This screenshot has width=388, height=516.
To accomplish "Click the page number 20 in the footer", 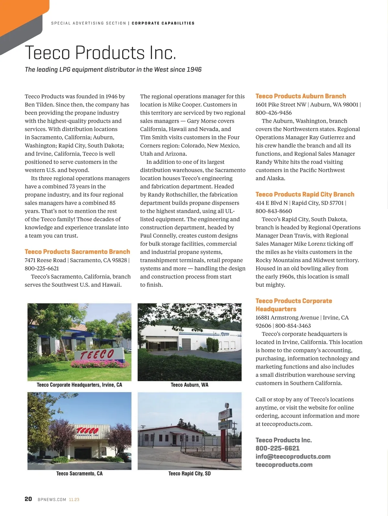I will click(x=28, y=499).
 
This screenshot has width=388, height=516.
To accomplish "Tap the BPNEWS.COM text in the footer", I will click(x=52, y=500).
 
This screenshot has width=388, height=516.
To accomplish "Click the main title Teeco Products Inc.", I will click(x=101, y=53).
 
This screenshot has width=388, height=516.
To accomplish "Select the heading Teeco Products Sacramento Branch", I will click(x=77, y=252).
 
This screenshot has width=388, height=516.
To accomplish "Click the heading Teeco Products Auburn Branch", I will click(x=300, y=96).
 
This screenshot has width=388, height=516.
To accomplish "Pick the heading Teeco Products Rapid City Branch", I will click(x=305, y=194).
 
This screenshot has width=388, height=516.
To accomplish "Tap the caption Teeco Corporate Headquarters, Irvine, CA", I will click(x=79, y=385).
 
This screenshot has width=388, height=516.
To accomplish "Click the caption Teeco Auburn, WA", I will click(x=189, y=385).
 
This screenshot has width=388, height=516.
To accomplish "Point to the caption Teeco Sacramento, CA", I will click(x=79, y=473).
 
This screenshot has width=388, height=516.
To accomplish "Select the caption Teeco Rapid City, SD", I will click(x=189, y=473).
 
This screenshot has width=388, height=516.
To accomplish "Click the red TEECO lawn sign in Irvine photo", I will click(x=97, y=355).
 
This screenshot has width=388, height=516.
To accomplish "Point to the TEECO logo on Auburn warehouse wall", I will click(x=225, y=334).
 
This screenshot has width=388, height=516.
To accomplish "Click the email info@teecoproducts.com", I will click(x=293, y=456).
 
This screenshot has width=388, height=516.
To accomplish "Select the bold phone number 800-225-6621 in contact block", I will click(x=277, y=448).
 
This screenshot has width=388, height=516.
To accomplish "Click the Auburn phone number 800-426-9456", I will click(x=274, y=113).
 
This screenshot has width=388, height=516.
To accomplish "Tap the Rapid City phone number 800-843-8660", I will click(x=274, y=211).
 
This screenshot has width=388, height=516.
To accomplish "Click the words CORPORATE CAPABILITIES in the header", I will click(x=163, y=23).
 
